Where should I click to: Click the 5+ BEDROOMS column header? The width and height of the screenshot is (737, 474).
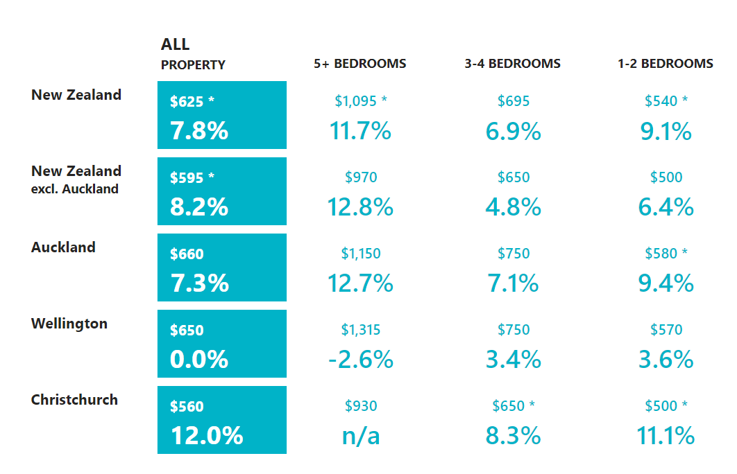tap(360, 63)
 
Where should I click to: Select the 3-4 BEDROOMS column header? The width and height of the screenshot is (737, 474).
tap(512, 63)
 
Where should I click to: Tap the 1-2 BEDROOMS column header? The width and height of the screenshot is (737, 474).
tap(665, 63)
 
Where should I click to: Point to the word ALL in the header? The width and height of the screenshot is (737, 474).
tap(176, 44)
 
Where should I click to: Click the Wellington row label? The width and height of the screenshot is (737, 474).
tap(69, 324)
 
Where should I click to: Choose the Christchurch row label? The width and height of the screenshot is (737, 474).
tap(74, 400)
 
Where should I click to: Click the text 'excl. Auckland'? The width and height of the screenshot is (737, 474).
tap(75, 189)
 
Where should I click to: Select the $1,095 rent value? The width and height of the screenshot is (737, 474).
tap(356, 101)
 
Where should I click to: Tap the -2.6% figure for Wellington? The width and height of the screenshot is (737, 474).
tap(360, 360)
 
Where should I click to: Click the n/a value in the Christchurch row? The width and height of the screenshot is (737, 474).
tap(360, 436)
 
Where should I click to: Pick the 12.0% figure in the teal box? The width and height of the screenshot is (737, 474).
tap(207, 435)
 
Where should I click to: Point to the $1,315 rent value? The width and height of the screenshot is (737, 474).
tap(360, 330)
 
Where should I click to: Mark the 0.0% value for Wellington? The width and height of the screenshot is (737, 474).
tap(199, 360)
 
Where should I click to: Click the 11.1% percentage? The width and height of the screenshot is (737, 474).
tap(666, 435)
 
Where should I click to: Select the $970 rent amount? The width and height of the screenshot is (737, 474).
tap(361, 177)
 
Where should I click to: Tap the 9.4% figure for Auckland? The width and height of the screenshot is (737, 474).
tap(666, 283)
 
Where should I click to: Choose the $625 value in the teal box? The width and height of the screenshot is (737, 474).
tap(187, 101)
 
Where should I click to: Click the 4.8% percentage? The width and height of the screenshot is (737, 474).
tap(514, 207)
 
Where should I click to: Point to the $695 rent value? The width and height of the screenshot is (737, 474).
tap(514, 101)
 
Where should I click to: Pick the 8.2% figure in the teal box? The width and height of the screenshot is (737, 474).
tap(199, 207)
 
